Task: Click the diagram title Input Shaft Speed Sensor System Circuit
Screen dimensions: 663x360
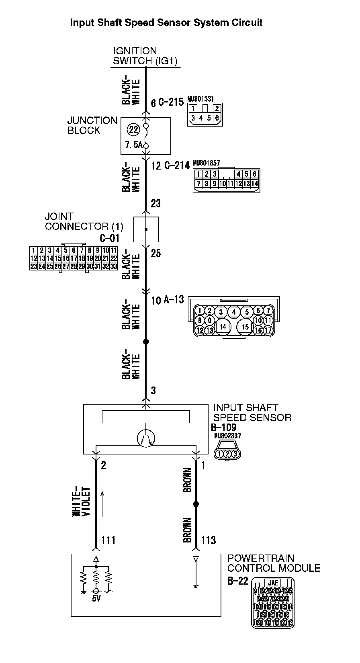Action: tap(166, 23)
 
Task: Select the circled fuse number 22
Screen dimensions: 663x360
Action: tap(133, 129)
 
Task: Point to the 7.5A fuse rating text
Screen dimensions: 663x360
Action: tap(133, 145)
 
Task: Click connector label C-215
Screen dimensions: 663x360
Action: tap(171, 102)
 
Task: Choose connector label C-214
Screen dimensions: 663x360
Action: tap(177, 166)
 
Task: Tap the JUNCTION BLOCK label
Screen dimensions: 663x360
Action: tap(92, 125)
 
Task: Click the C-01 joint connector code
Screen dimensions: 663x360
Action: tap(110, 238)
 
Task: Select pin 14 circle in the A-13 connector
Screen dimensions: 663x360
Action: tap(223, 327)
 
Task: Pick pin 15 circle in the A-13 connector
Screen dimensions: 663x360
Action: tap(245, 327)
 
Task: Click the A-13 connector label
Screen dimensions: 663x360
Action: tap(174, 300)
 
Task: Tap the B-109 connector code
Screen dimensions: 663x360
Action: tap(223, 428)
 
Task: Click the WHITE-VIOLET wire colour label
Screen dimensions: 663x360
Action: tap(82, 502)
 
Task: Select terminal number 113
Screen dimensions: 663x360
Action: tap(209, 540)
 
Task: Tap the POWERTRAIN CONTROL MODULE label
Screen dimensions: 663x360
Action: tap(274, 563)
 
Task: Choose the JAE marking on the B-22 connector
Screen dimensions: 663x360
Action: tap(273, 583)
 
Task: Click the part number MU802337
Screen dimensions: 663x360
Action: tap(227, 436)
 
